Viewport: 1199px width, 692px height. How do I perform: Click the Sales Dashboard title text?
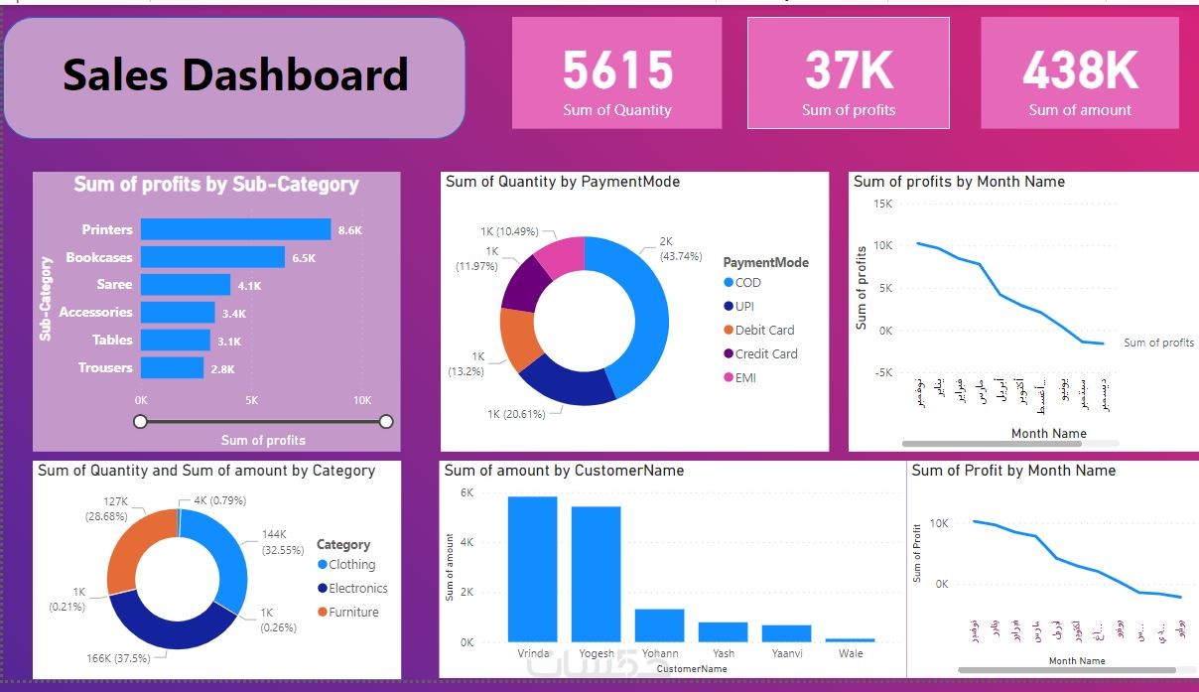click(235, 75)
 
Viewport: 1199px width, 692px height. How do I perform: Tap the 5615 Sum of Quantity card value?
click(617, 70)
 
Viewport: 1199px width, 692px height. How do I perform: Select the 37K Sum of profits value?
click(849, 70)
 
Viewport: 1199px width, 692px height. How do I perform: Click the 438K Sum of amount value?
click(1080, 70)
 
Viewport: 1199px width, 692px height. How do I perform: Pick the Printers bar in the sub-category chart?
click(235, 229)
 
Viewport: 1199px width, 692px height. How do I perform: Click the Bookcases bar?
click(212, 257)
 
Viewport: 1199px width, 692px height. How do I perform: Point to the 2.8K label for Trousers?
click(222, 368)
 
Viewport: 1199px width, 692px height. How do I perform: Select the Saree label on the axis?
click(114, 285)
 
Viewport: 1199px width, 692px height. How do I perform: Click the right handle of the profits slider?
click(386, 422)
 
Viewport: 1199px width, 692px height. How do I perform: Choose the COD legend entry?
click(747, 283)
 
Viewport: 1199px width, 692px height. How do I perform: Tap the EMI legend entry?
click(744, 378)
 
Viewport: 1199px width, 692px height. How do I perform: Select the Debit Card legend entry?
click(763, 331)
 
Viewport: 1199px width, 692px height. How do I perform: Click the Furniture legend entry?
click(353, 613)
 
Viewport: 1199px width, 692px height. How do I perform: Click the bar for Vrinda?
click(532, 569)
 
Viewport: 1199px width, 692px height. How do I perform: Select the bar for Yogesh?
click(596, 574)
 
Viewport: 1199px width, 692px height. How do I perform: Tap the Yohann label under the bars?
click(660, 653)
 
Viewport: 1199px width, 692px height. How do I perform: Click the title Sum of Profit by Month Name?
click(1013, 471)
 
